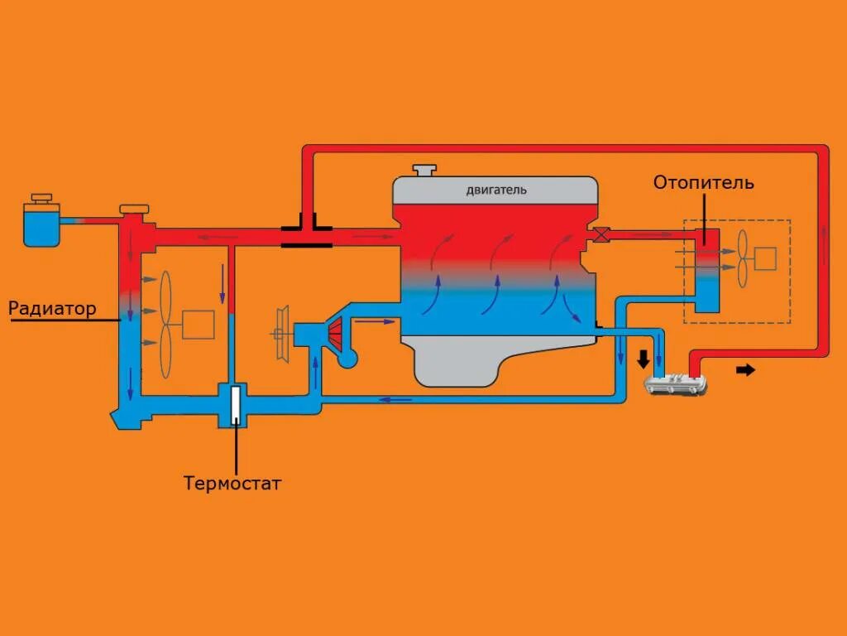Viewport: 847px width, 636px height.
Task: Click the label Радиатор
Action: pyautogui.click(x=52, y=309)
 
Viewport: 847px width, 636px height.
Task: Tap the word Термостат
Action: pyautogui.click(x=232, y=483)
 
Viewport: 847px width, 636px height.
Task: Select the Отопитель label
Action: pyautogui.click(x=703, y=182)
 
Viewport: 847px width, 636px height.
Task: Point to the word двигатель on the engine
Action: pyautogui.click(x=495, y=190)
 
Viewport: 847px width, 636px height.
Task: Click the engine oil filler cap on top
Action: pyautogui.click(x=425, y=170)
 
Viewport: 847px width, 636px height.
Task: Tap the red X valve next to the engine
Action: pyautogui.click(x=602, y=234)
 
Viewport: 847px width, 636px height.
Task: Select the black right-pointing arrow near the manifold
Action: pyautogui.click(x=745, y=369)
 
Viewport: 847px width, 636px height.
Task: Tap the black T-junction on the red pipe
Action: pyautogui.click(x=306, y=234)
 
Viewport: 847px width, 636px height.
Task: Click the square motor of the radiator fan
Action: pyautogui.click(x=199, y=324)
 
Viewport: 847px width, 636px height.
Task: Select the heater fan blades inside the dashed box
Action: pyautogui.click(x=742, y=258)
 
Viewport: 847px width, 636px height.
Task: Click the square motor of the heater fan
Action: pyautogui.click(x=766, y=258)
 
